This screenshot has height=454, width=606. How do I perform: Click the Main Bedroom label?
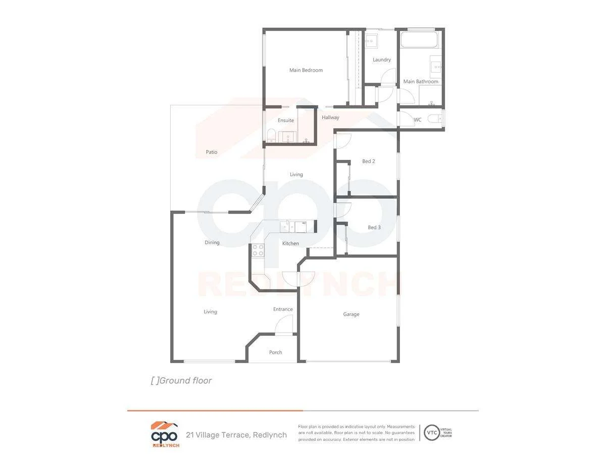tap(306, 70)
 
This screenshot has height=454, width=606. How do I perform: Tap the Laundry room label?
tap(382, 60)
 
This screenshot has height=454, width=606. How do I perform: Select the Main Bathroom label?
tap(421, 81)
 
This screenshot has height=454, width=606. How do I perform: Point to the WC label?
tap(418, 120)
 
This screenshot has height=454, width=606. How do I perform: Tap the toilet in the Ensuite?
tap(271, 135)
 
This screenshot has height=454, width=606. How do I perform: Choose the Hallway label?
tap(330, 118)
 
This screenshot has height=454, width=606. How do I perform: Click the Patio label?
tap(212, 152)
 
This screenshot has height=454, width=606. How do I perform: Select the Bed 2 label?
tap(369, 161)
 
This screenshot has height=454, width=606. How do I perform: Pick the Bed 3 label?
tap(374, 227)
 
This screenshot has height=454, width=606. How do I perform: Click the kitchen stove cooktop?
tap(258, 250)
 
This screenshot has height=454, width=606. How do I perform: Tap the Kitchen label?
tap(290, 244)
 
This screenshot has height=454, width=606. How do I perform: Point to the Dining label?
tap(212, 243)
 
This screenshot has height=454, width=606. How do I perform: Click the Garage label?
tap(351, 314)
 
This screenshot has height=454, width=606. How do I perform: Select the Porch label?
tap(275, 353)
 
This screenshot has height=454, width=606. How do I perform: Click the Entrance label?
tap(283, 309)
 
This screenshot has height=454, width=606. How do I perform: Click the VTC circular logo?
tap(432, 432)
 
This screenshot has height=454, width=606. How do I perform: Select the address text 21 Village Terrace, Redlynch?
tap(236, 435)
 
